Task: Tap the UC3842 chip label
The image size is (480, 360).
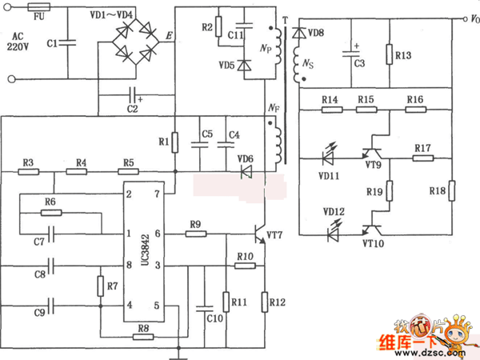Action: click(138, 249)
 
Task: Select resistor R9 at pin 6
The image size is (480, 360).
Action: click(197, 234)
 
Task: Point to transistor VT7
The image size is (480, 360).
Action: click(259, 234)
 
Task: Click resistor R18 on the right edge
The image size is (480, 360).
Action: click(451, 190)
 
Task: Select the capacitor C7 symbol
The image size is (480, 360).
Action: click(51, 234)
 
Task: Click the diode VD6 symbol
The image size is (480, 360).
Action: click(246, 171)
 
